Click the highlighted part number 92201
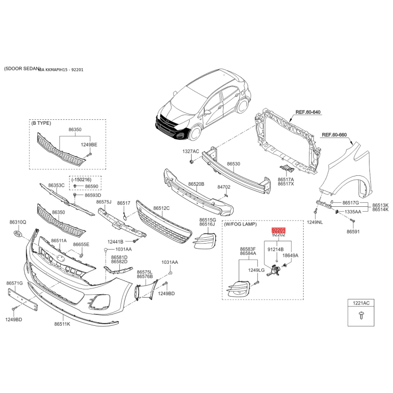(x=279, y=229)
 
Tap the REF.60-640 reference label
(x=308, y=112)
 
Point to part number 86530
(x=233, y=164)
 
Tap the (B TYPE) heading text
(x=41, y=123)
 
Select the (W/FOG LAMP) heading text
(x=240, y=224)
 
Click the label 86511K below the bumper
(x=62, y=324)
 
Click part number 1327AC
(x=191, y=151)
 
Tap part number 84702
(x=224, y=187)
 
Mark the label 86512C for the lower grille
(x=161, y=208)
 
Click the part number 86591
(x=353, y=231)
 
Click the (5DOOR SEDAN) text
(x=20, y=69)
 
